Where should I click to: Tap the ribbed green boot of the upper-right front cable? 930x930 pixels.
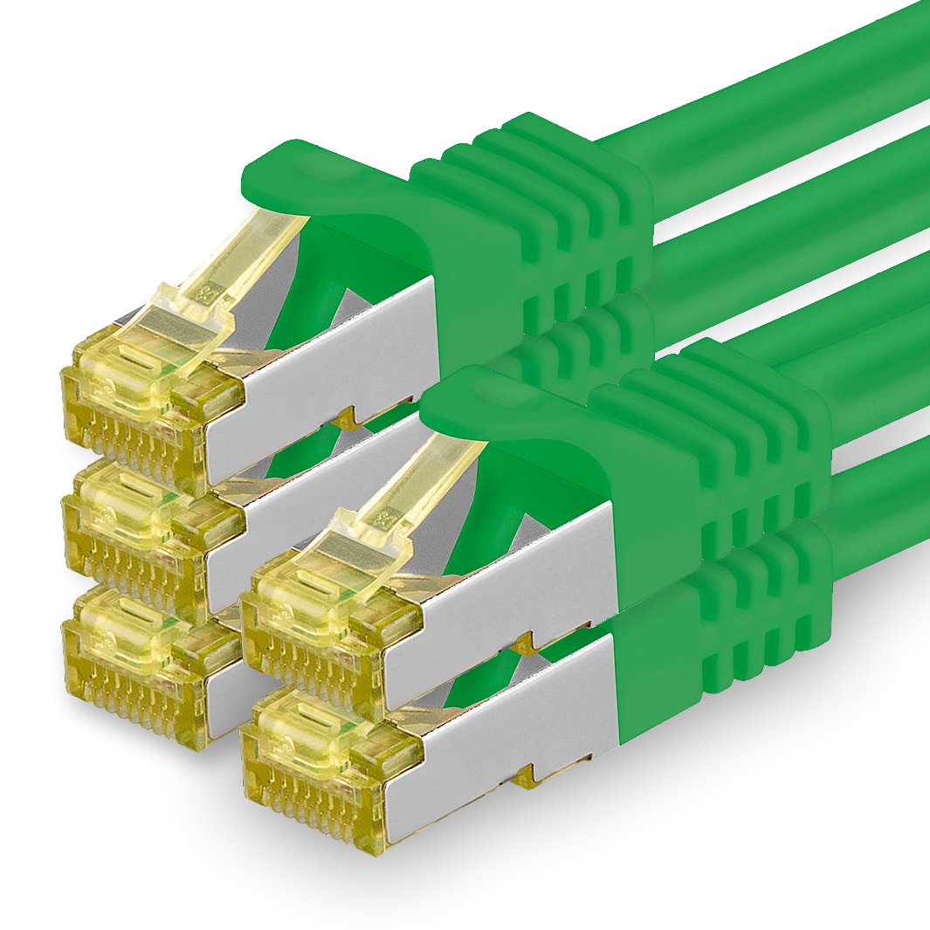click(716, 454)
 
